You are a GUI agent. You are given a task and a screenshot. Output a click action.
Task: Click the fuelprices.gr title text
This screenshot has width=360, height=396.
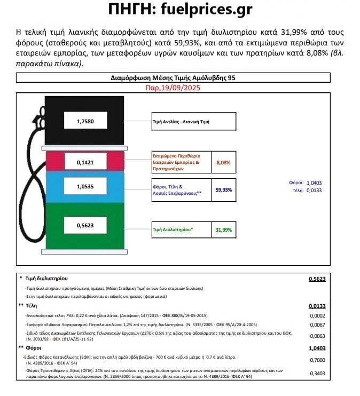180,10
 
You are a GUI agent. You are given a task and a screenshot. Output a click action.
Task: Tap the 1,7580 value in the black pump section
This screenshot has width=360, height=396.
85,122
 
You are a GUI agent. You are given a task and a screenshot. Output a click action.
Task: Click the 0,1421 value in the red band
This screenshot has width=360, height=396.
85,161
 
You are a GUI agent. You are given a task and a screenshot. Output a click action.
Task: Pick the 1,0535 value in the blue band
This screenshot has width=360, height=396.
85,187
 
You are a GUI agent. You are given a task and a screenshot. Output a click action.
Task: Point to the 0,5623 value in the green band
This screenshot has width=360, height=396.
85,226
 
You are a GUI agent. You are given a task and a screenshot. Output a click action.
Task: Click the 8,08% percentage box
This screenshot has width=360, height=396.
223,162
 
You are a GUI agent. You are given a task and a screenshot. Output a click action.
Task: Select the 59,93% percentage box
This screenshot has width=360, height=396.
223,189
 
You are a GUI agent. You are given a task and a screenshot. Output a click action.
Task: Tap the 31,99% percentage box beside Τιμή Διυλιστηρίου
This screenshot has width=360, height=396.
223,229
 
